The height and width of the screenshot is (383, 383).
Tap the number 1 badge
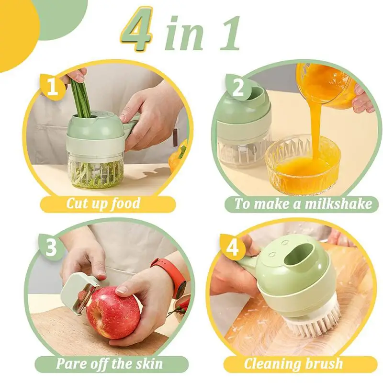click(53, 87)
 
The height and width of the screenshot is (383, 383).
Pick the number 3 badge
click(51, 247)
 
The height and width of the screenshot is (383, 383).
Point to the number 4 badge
click(233, 247)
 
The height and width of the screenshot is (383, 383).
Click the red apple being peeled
click(113, 314)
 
